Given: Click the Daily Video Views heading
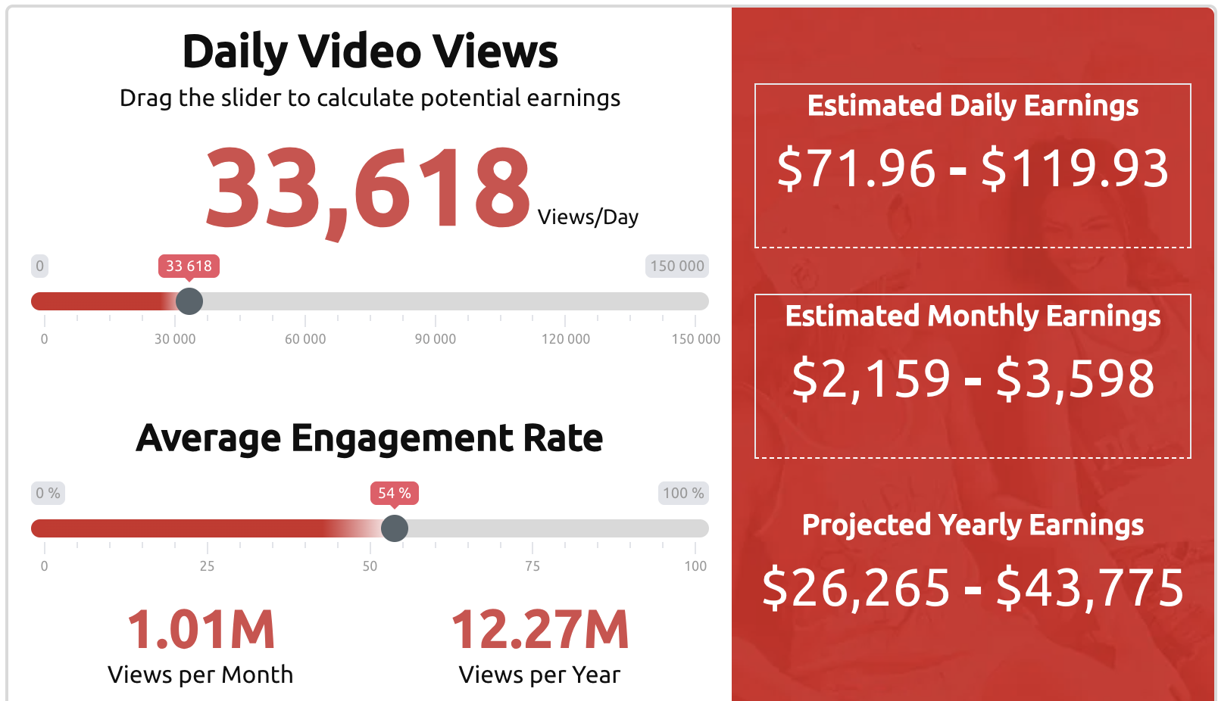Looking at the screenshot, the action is pos(370,52).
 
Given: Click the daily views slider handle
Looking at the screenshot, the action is pos(189,301).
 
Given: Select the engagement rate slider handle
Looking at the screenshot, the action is pos(395,528).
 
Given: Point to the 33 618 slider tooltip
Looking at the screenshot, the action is pos(189,266).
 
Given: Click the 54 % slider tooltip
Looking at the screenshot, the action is pos(395,494).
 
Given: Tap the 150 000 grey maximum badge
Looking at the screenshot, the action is pos(677,266).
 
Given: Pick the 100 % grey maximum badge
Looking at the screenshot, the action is pos(683,494).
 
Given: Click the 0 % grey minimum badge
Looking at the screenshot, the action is pos(48,494).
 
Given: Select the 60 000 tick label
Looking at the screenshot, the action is pos(305,339).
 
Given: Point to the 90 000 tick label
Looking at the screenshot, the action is pos(435,339).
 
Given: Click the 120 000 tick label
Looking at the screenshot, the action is pos(566,339).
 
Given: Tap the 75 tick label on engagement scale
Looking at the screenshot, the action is pos(532,566).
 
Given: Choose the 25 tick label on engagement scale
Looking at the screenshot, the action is pos(208,566).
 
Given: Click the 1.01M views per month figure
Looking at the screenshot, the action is pos(201,630).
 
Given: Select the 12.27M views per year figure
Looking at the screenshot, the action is pos(539,630).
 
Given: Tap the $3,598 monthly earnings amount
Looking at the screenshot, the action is pos(1075,379).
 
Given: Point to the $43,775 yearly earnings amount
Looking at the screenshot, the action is pos(1090,588).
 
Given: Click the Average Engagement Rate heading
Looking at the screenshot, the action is pos(369,438).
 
